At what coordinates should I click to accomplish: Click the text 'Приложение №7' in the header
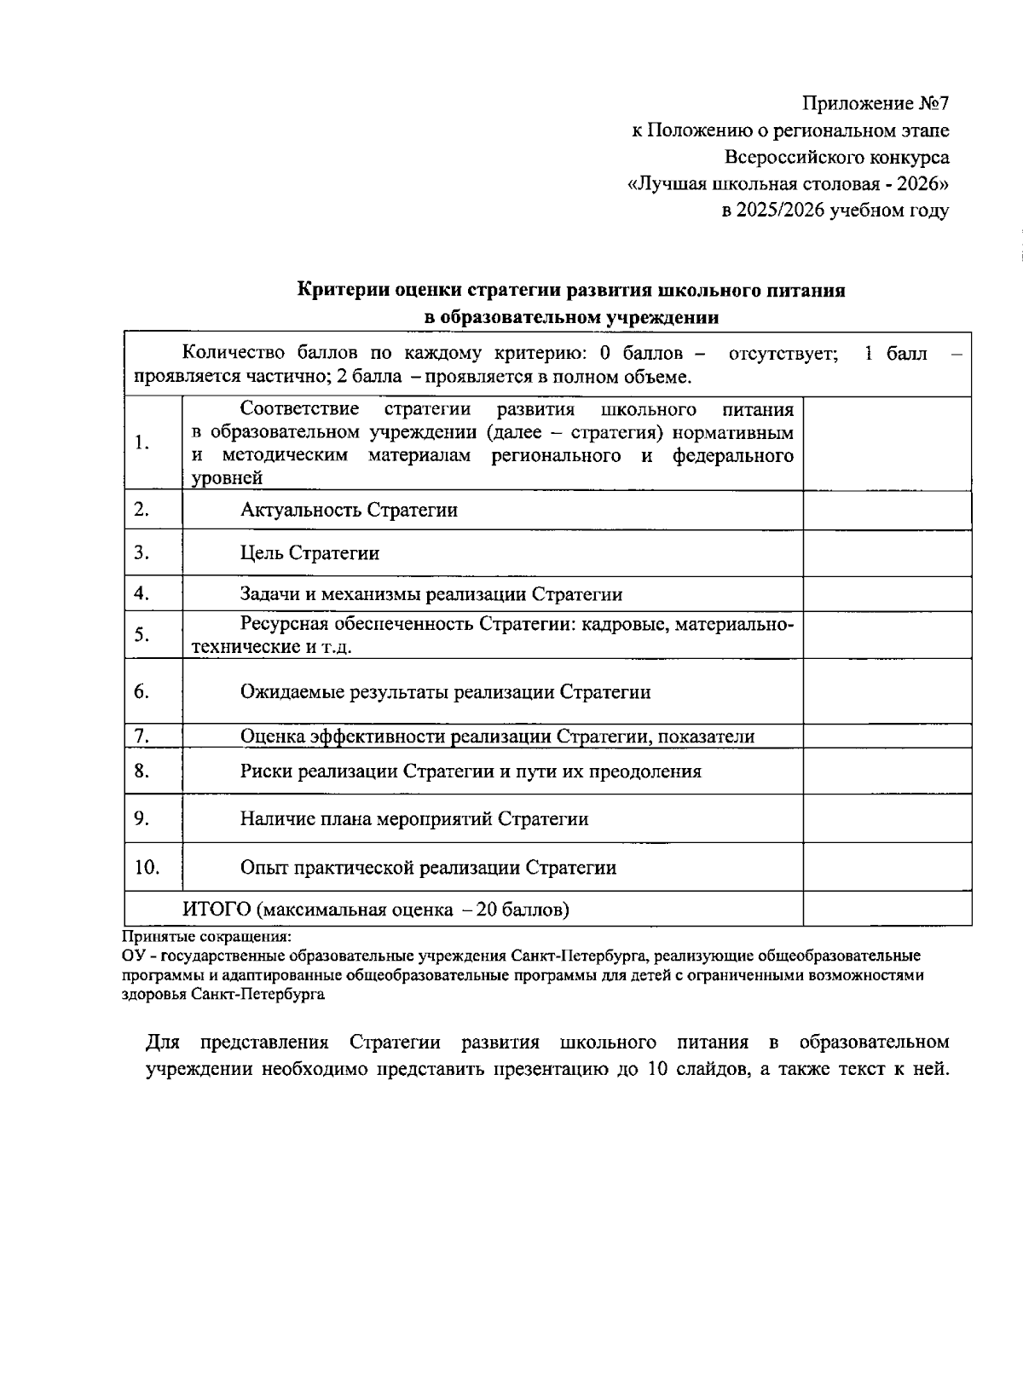coord(876,104)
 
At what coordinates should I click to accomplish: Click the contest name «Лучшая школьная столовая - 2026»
coord(788,184)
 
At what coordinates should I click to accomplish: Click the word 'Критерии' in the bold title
coord(342,290)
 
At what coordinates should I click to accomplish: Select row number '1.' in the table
coord(142,443)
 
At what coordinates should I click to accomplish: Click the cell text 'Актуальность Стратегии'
coord(349,510)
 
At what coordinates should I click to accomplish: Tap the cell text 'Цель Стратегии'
coord(309,553)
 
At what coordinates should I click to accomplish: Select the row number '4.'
coord(142,593)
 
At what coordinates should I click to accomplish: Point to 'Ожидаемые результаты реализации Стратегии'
coord(445,692)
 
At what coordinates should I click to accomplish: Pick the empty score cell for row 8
coord(887,771)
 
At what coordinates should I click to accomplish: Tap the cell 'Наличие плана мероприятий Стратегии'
coord(414,819)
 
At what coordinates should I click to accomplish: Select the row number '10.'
coord(147,868)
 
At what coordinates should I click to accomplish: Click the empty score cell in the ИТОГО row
coord(887,910)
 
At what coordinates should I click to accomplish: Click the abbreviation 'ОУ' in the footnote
coord(133,956)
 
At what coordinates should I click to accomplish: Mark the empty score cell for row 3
coord(887,553)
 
